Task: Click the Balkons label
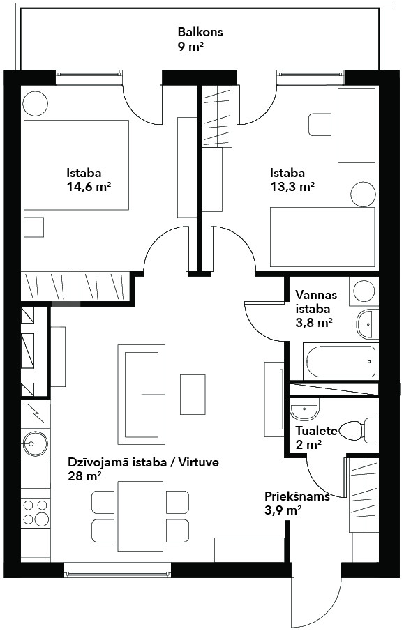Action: coord(200,32)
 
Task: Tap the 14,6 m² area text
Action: coord(89,187)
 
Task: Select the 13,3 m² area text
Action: coord(292,187)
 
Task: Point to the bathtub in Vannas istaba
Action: coord(341,361)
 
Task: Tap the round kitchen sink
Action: coord(36,443)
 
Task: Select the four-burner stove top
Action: coord(35,512)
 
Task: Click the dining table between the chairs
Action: coord(140,517)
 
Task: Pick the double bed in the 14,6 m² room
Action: coord(76,165)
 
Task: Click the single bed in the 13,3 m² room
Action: coord(322,237)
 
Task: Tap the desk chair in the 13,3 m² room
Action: coord(320,125)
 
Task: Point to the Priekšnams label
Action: coord(297,496)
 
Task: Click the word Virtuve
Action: coord(200,462)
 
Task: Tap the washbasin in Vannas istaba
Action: coord(367,324)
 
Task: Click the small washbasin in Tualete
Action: coord(304,410)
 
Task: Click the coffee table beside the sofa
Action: coord(193,395)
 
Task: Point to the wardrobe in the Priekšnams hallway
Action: coord(364,494)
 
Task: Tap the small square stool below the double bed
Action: coord(33,227)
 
